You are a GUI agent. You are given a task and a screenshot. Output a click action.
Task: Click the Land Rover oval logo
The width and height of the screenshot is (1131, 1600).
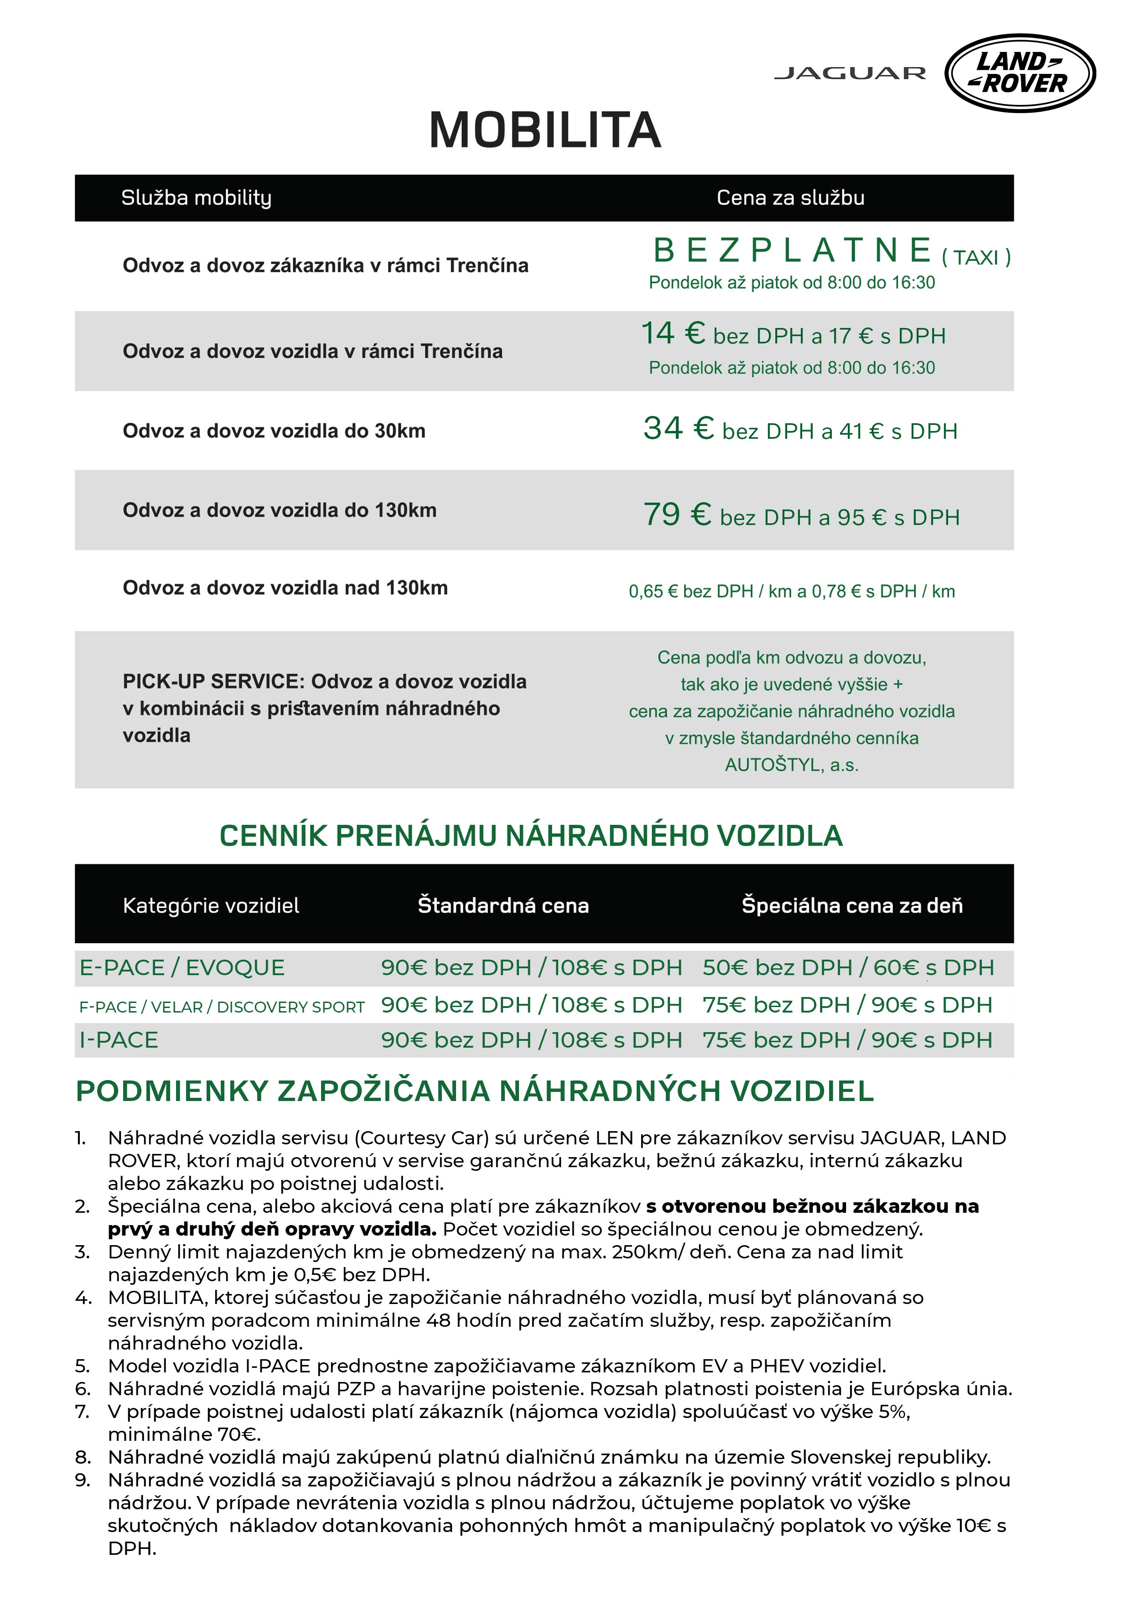point(1020,73)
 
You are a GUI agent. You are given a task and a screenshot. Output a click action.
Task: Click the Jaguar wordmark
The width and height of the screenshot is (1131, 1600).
point(850,73)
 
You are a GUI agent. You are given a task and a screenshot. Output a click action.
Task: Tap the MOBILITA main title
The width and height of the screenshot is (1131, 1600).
point(545,130)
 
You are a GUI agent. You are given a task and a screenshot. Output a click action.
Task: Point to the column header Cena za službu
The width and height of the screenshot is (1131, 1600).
point(790,198)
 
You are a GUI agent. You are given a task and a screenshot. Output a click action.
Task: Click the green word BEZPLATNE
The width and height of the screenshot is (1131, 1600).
point(792,251)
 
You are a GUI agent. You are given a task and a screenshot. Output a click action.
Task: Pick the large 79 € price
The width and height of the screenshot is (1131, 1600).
point(677,514)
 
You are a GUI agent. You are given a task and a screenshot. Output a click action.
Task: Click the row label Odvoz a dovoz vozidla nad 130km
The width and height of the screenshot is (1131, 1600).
point(285,588)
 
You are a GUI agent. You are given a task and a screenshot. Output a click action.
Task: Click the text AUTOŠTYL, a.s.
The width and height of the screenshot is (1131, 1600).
point(792,765)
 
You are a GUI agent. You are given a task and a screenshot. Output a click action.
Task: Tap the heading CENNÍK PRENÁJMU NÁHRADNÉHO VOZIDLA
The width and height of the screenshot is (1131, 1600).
point(531,836)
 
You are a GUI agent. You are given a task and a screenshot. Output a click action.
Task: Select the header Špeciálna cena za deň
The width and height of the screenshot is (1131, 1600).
point(851,905)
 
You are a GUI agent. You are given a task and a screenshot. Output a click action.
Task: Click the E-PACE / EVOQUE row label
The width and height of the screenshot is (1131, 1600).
point(182,968)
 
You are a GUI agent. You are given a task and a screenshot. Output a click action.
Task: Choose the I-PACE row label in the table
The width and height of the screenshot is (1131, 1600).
point(119,1040)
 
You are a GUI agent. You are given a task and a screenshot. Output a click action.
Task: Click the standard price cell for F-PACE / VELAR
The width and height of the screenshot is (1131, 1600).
point(531,1005)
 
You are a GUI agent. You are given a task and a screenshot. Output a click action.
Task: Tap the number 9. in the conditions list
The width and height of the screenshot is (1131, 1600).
point(83,1480)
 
